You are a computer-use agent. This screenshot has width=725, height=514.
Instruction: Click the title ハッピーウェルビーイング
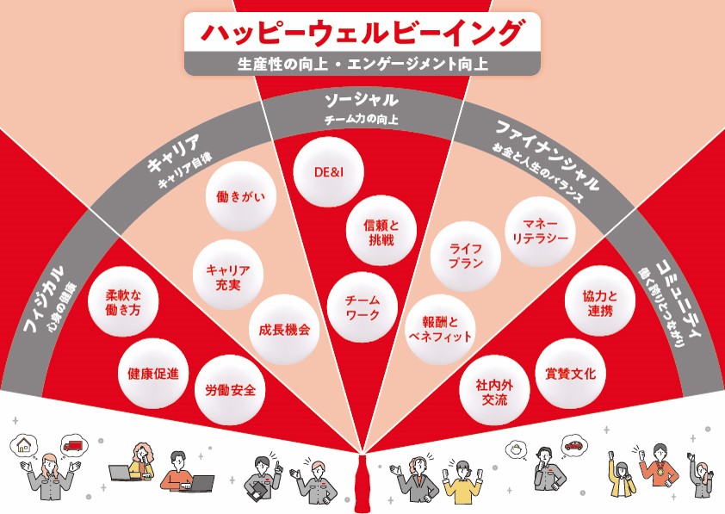[x=362, y=33]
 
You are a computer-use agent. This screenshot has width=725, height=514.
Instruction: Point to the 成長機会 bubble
[x=283, y=330]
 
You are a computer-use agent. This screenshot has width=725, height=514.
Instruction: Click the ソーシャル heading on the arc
[x=362, y=100]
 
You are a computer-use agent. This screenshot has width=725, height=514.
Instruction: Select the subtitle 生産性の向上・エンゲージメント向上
[x=362, y=63]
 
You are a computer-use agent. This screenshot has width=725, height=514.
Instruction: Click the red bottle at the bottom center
[x=362, y=481]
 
